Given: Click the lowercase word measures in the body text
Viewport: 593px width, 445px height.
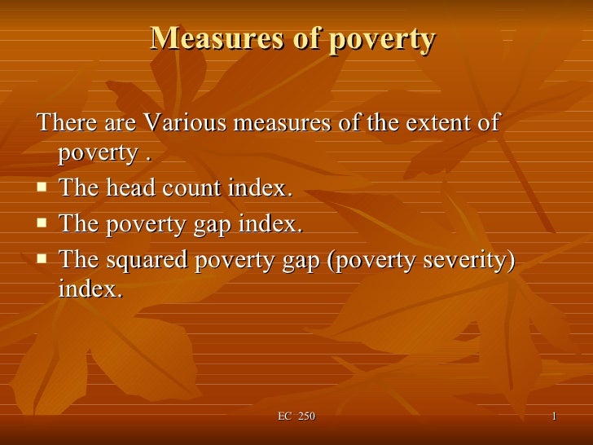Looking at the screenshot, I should [282, 124].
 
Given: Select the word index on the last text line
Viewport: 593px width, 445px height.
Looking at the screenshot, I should [90, 289].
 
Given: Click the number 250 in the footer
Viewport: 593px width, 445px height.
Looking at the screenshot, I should [306, 417].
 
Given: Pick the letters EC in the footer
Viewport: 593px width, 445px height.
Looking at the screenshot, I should [284, 417].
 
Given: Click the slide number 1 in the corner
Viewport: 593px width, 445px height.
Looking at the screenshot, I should [554, 417].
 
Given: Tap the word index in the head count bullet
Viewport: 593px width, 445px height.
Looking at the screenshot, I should [260, 188].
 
